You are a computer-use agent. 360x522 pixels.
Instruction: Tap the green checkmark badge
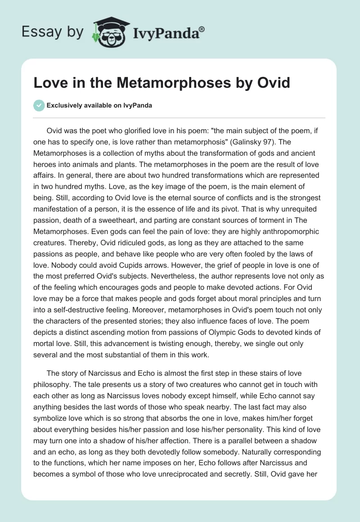coord(39,105)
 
